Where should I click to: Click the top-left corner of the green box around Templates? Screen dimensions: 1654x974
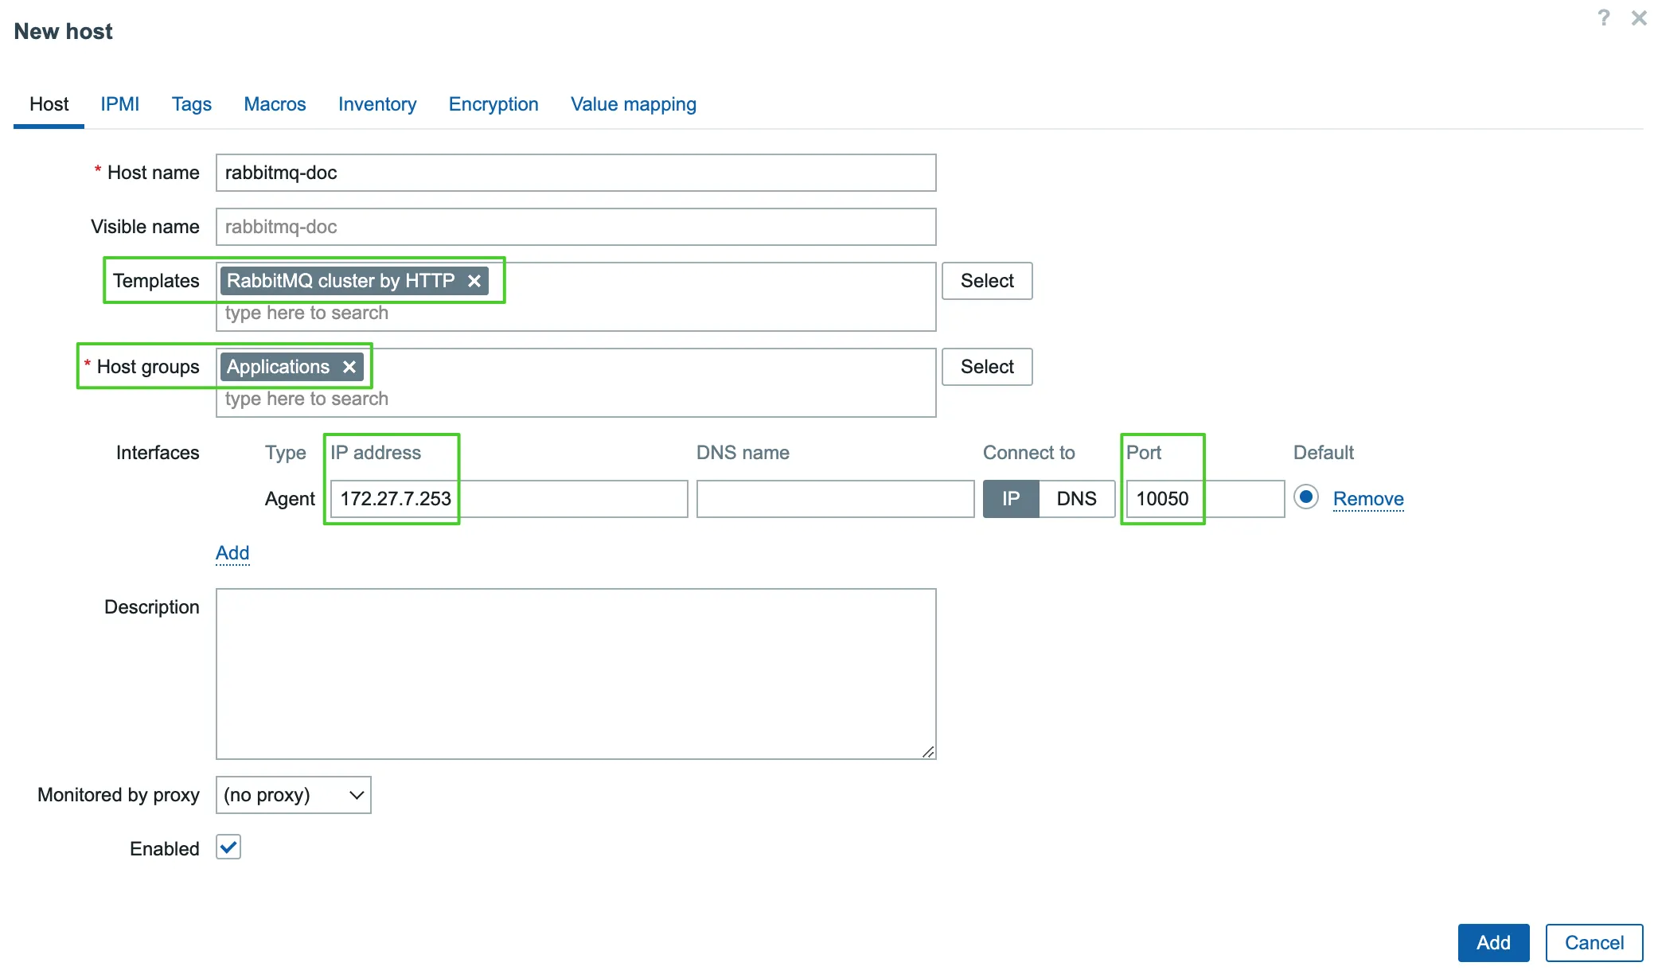(x=104, y=257)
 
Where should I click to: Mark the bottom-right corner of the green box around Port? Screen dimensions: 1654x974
(x=1204, y=524)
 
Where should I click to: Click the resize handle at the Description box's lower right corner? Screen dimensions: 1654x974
(x=928, y=751)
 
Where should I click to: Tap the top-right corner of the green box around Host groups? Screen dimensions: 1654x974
(x=372, y=344)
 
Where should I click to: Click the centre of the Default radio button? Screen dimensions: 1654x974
(x=1306, y=497)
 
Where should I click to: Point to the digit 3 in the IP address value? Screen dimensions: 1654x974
(x=446, y=499)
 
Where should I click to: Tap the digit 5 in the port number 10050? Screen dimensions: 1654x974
(x=1172, y=499)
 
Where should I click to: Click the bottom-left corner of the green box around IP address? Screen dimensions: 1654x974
(x=325, y=524)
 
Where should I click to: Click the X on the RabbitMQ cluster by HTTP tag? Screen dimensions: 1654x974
(x=474, y=281)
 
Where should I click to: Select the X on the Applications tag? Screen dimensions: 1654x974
(x=349, y=367)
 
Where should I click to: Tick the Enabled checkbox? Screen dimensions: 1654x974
(x=228, y=847)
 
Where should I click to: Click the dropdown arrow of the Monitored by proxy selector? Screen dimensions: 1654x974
(x=357, y=795)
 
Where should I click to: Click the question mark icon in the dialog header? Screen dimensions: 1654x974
(x=1604, y=18)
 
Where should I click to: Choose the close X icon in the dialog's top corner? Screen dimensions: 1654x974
(x=1639, y=18)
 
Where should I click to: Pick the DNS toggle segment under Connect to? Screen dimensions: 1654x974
(x=1077, y=499)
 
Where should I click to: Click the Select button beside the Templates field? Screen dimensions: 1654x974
(x=987, y=281)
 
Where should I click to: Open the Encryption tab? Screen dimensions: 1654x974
(x=493, y=104)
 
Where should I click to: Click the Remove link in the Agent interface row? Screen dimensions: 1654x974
(x=1368, y=499)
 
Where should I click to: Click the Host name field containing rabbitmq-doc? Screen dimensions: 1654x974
(x=575, y=173)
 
